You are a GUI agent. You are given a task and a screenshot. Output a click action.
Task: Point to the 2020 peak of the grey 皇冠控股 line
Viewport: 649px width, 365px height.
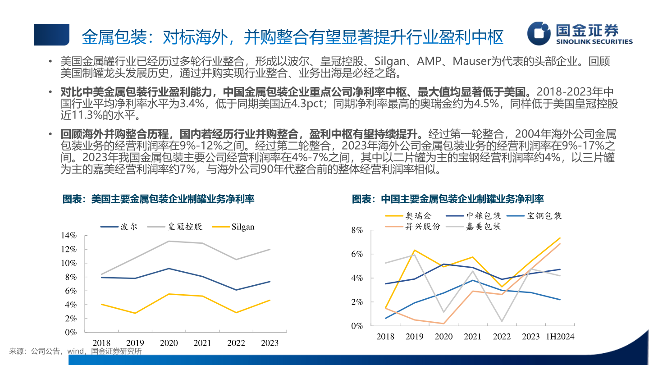tap(169, 241)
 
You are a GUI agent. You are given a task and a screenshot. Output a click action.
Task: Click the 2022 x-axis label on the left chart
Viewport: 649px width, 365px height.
tap(236, 343)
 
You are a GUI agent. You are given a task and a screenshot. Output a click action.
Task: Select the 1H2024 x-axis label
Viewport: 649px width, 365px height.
tap(560, 337)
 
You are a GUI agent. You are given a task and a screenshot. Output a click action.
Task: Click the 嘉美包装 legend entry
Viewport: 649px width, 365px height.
tap(484, 226)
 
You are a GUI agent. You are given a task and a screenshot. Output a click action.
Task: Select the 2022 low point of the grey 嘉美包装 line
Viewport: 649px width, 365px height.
tap(502, 321)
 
